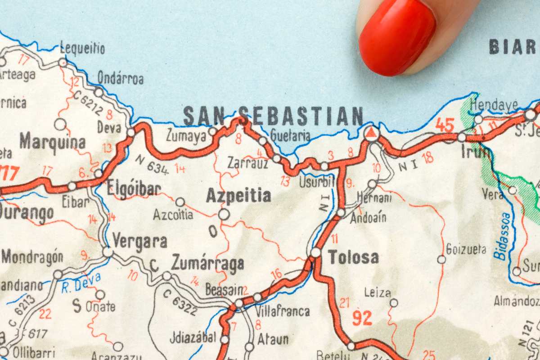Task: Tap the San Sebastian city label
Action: (x=273, y=116)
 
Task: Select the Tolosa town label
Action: (x=353, y=257)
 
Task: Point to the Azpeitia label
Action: (x=238, y=196)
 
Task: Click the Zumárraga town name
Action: (x=208, y=263)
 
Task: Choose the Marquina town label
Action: (x=52, y=142)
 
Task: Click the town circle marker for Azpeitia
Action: (x=224, y=214)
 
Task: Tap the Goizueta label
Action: (x=466, y=249)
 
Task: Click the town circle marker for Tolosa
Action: (x=315, y=252)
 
